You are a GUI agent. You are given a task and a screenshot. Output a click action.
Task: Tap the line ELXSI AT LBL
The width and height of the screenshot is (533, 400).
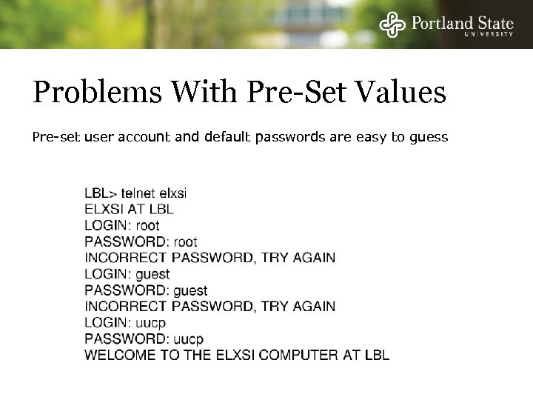tap(129, 209)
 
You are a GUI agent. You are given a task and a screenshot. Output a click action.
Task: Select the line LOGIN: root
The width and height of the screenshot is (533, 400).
tap(122, 225)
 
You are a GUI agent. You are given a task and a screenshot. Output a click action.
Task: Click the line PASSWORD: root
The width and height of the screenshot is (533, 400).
tap(141, 241)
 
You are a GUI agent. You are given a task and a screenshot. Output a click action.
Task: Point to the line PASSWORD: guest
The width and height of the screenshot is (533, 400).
tap(146, 290)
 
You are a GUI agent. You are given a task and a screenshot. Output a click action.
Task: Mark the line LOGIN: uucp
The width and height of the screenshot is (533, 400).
tap(124, 322)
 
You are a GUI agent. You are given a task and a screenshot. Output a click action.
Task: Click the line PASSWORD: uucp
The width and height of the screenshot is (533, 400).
tap(143, 339)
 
